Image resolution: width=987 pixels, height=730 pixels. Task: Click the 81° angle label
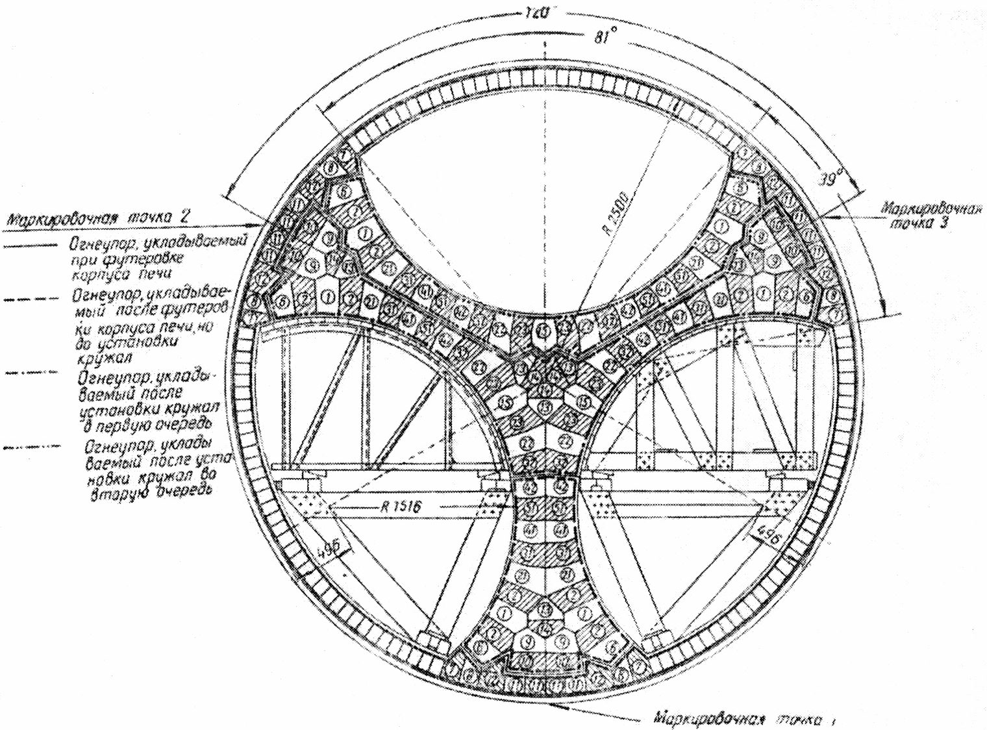click(x=604, y=38)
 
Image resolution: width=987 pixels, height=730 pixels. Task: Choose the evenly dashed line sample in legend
click(x=29, y=299)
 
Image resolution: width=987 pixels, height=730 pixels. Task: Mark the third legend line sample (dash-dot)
click(x=29, y=374)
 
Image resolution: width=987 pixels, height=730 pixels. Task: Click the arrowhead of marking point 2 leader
click(x=262, y=225)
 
